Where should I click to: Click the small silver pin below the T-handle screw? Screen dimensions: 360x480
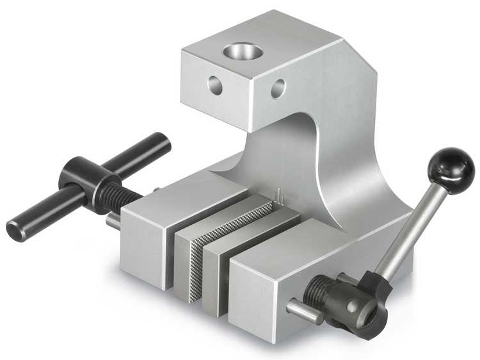point(111,221)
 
